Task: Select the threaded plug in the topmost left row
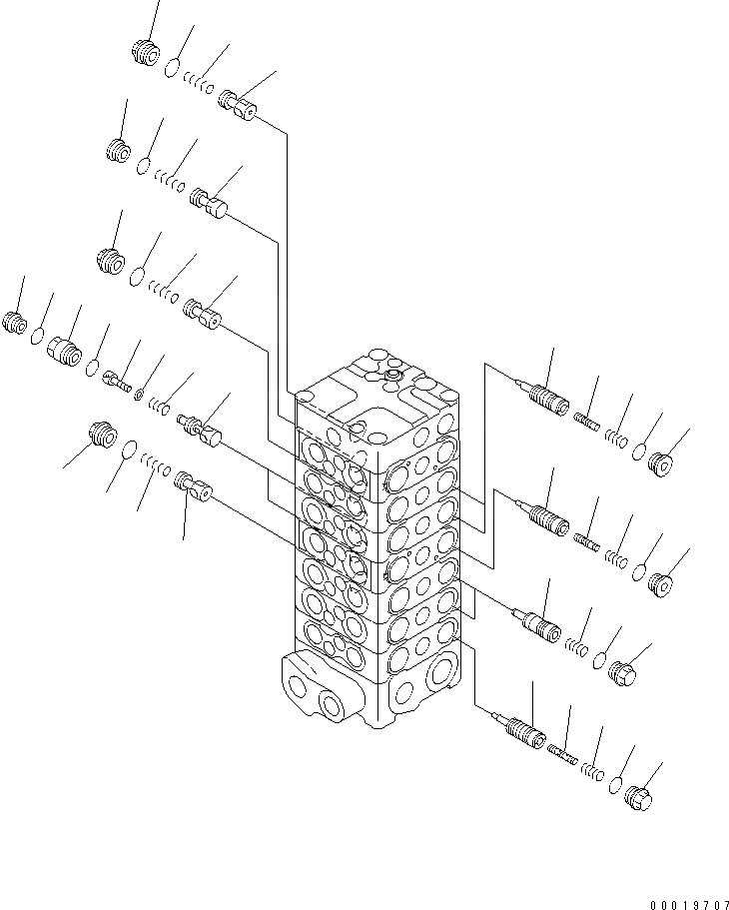click(146, 51)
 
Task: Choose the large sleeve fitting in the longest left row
click(64, 350)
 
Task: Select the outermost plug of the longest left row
click(15, 322)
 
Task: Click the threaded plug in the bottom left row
click(102, 437)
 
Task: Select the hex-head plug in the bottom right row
click(638, 799)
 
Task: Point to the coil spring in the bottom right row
click(593, 770)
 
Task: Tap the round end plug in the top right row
click(661, 461)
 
